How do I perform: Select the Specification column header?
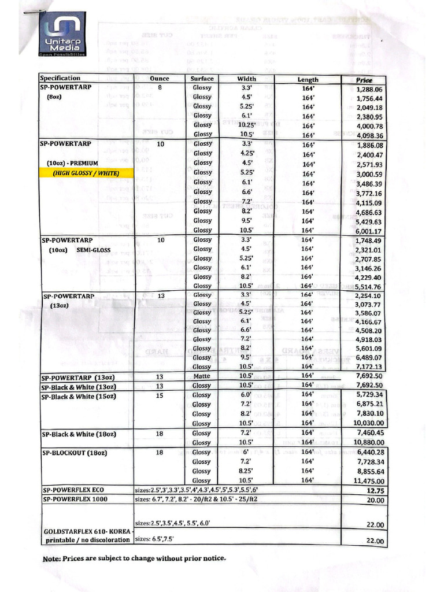point(60,78)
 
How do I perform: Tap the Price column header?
point(364,80)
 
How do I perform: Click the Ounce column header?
point(160,79)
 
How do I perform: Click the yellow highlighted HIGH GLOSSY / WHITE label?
point(85,172)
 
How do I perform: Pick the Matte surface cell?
point(202,376)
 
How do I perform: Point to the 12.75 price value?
point(375,491)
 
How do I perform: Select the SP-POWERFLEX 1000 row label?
point(75,499)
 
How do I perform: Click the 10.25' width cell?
point(247,125)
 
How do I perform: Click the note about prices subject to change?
point(134,558)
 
